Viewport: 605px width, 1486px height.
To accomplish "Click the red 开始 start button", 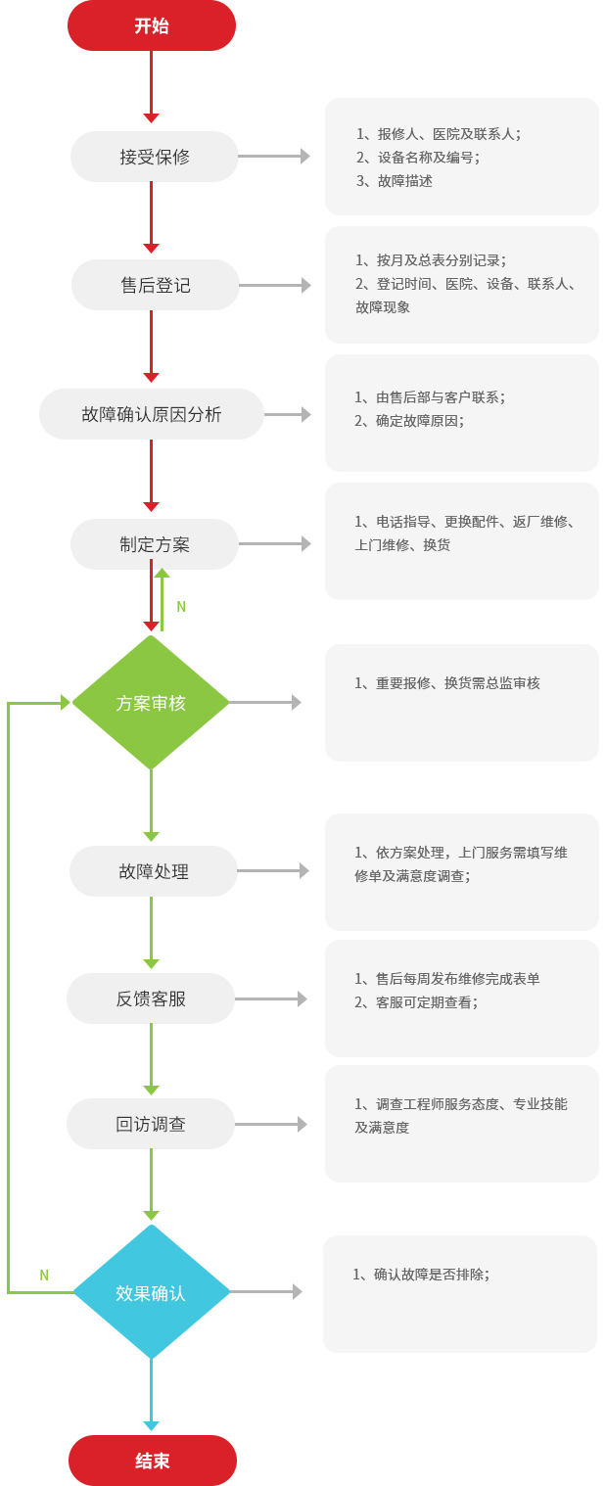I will click(151, 25).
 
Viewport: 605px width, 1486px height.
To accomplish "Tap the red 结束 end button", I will click(152, 1461).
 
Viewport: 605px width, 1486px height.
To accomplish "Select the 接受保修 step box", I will click(155, 157).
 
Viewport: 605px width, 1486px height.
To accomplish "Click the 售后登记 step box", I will click(155, 285).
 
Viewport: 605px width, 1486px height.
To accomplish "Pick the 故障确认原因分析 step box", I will click(152, 414).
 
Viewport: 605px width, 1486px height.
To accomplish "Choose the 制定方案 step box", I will click(155, 544).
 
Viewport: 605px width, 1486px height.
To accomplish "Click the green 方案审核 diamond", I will click(151, 703).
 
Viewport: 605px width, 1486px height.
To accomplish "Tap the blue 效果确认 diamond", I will click(151, 1292).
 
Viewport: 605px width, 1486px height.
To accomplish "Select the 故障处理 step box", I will click(154, 871).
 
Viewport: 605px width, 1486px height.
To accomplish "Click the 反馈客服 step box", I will click(151, 998).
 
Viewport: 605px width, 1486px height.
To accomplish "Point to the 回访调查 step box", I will click(151, 1124).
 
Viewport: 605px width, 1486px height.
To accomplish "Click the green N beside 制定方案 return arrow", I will click(181, 607).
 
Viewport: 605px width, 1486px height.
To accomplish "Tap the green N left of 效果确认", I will click(44, 1276).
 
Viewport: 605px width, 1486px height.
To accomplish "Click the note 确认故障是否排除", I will click(431, 1275).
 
